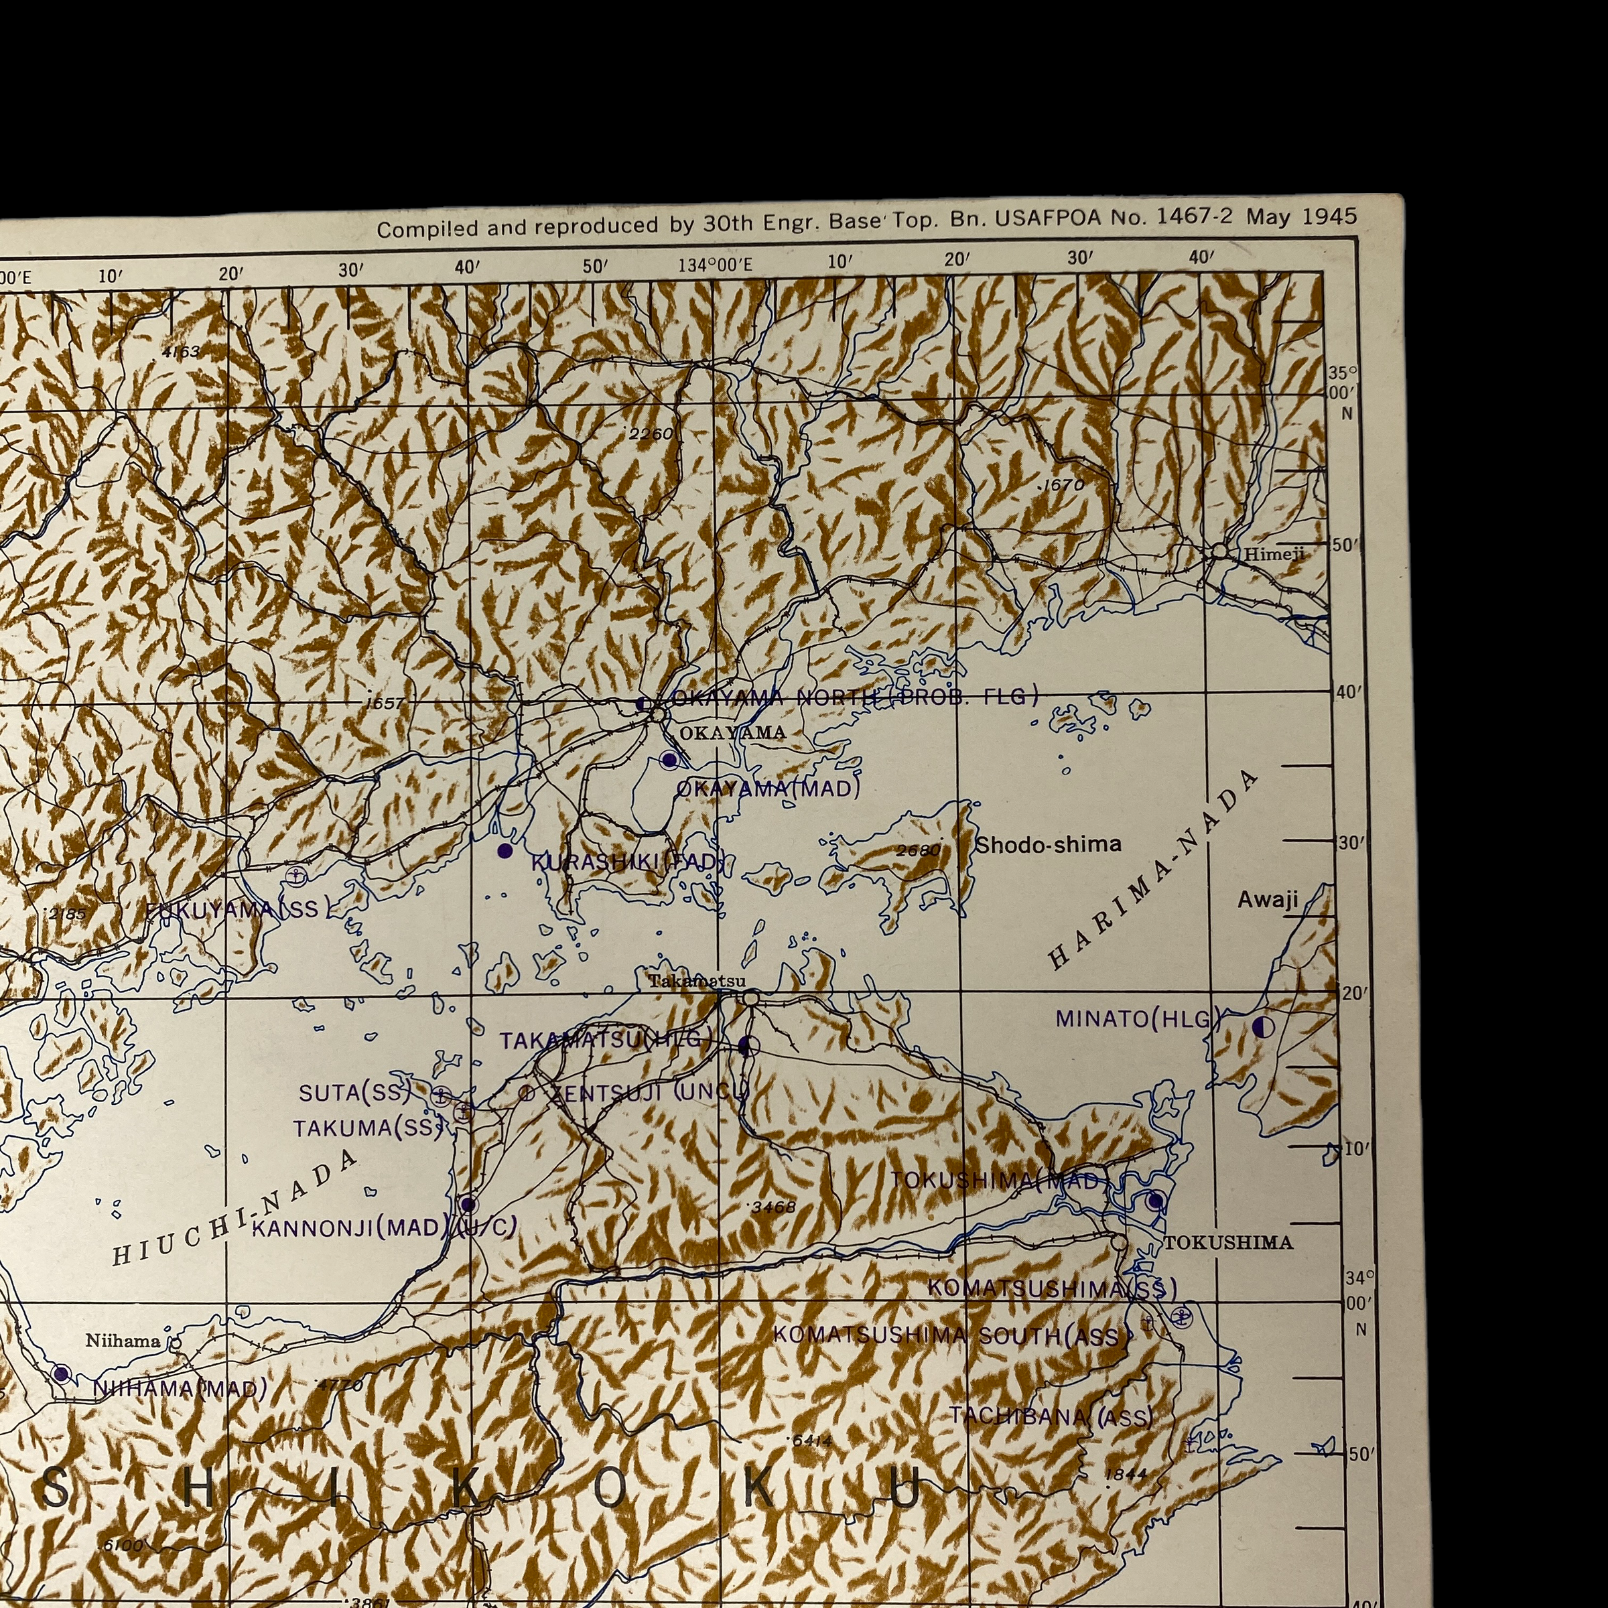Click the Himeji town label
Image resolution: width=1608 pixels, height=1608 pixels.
pos(1274,554)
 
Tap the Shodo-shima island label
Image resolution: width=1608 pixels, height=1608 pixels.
pos(1048,845)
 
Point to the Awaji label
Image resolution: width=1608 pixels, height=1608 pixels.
pos(1267,899)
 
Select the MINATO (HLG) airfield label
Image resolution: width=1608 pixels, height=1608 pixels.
pos(1137,1018)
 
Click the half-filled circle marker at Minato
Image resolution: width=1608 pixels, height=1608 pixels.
pos(1262,1027)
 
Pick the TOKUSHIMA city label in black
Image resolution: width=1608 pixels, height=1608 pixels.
pos(1227,1244)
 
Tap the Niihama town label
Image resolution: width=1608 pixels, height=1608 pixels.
pos(123,1341)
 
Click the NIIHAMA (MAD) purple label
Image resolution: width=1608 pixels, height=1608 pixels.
pos(180,1388)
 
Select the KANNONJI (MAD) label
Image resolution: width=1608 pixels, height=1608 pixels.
pos(348,1227)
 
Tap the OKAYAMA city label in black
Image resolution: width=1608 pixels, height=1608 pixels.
pos(732,732)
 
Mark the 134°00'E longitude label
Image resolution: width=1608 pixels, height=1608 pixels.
pos(715,265)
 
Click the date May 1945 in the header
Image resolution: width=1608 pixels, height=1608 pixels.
pos(1301,217)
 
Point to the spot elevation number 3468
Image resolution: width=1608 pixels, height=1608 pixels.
pos(773,1207)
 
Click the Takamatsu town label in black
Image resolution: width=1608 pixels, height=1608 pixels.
pos(697,982)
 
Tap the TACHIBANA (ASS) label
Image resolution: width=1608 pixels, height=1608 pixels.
pos(1051,1416)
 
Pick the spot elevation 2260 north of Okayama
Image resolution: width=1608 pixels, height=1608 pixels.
pos(650,433)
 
